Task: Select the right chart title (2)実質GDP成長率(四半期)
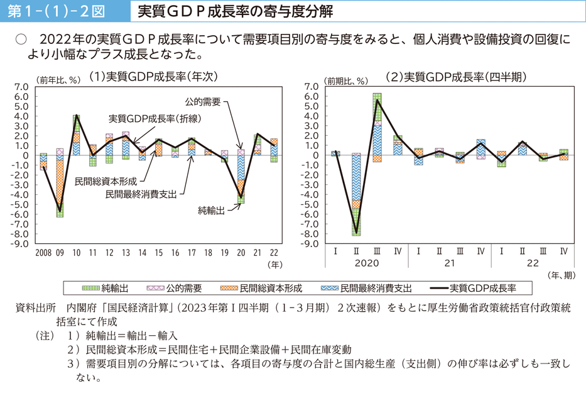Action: click(x=456, y=77)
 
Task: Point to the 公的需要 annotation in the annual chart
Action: click(x=202, y=101)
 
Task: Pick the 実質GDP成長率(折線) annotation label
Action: click(x=155, y=118)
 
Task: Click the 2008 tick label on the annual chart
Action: click(x=44, y=253)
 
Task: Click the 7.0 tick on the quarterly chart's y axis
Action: click(x=312, y=87)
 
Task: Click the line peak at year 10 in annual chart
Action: click(x=77, y=116)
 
